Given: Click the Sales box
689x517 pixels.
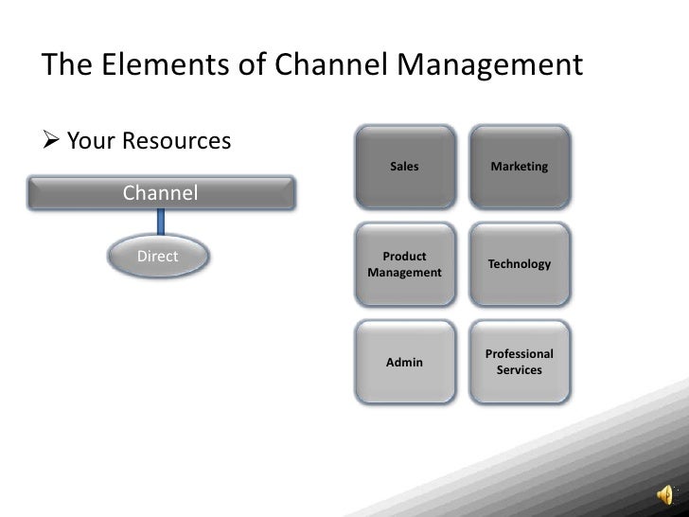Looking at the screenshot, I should click(x=404, y=167).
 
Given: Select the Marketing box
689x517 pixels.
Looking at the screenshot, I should click(x=520, y=167).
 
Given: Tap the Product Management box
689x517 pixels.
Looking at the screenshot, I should click(x=404, y=264).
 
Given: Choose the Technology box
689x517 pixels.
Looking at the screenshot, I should click(x=520, y=264).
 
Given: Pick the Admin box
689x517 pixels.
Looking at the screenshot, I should click(x=404, y=362).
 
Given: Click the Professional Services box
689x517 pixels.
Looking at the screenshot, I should click(x=520, y=362).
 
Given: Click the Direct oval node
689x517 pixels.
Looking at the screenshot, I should click(x=158, y=257).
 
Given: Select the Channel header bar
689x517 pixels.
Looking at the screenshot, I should click(x=161, y=193).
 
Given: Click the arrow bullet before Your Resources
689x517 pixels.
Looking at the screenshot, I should click(x=52, y=142).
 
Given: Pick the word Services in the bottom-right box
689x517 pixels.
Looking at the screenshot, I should click(x=520, y=369).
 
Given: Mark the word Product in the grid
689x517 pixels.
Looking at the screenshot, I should click(x=404, y=257).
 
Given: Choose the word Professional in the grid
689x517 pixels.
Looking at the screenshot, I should click(x=520, y=354).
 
